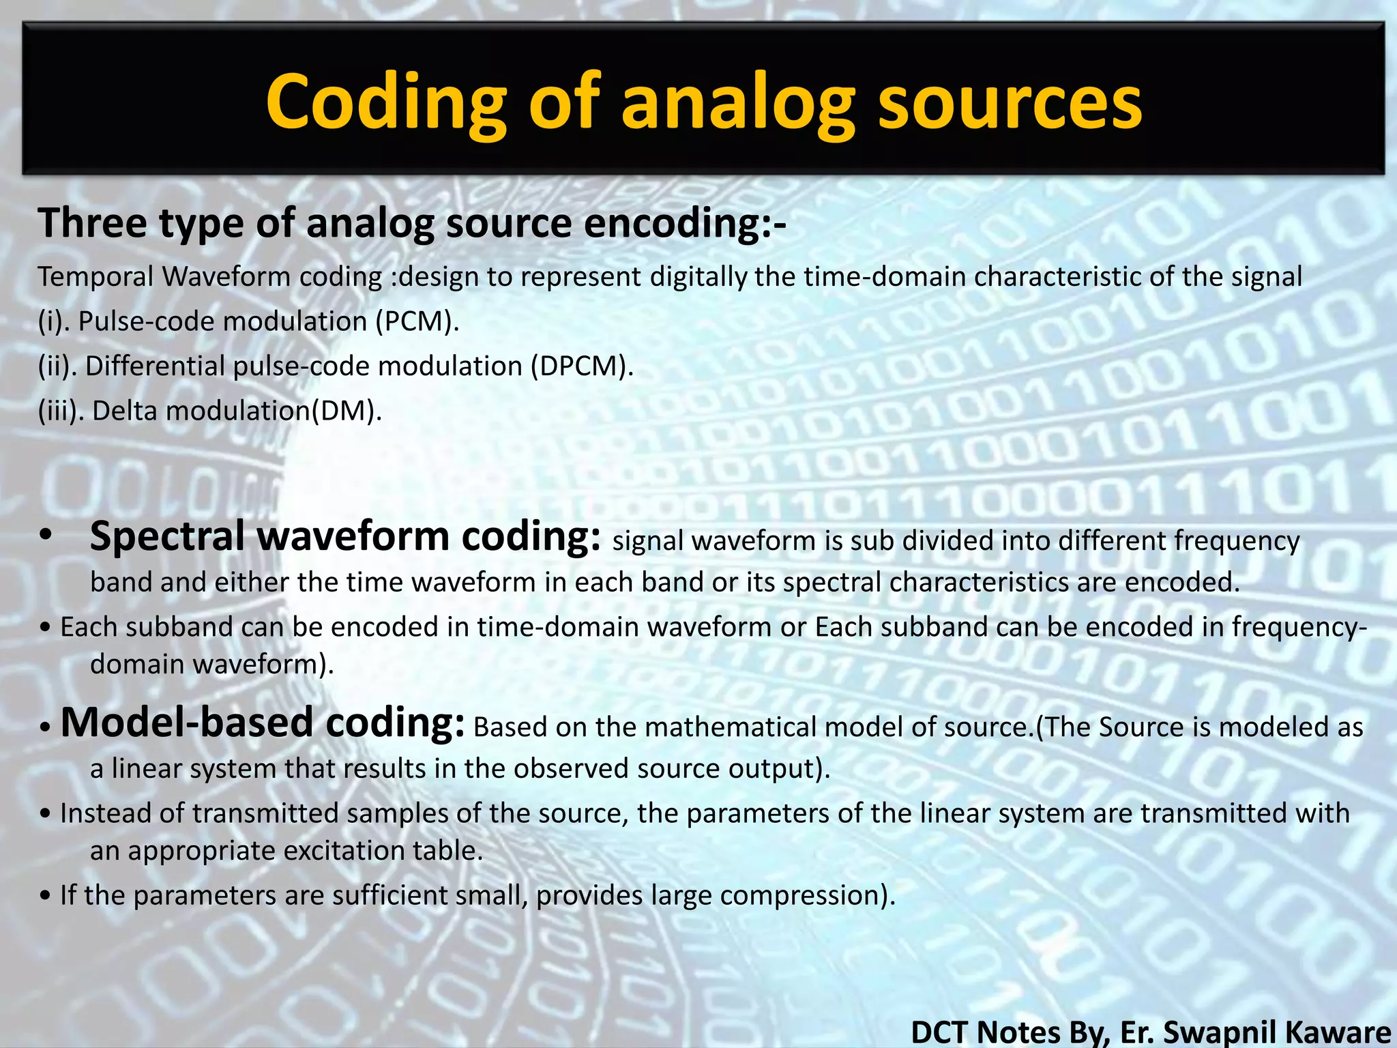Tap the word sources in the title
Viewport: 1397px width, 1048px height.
pyautogui.click(x=1010, y=102)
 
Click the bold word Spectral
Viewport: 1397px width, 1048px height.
pyautogui.click(x=167, y=536)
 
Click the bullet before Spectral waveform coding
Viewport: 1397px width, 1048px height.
pyautogui.click(x=46, y=536)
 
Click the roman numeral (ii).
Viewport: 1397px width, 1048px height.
pyautogui.click(x=57, y=366)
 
